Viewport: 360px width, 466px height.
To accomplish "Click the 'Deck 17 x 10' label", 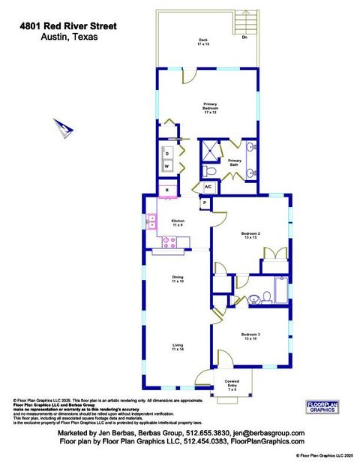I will pyautogui.click(x=202, y=41).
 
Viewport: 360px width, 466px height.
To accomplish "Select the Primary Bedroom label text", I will pyautogui.click(x=210, y=107).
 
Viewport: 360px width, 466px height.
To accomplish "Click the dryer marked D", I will pyautogui.click(x=168, y=153).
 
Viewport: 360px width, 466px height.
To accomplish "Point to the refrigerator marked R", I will pyautogui.click(x=167, y=191).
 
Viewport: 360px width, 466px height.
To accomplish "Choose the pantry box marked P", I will pyautogui.click(x=204, y=203).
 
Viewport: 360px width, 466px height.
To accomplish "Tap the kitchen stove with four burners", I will pyautogui.click(x=169, y=242).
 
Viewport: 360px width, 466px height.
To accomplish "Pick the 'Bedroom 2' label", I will pyautogui.click(x=250, y=235).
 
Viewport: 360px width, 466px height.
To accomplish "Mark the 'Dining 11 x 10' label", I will pyautogui.click(x=178, y=278).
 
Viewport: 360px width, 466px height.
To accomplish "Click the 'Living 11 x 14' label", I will pyautogui.click(x=178, y=347).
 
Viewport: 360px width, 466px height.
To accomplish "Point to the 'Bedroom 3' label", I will pyautogui.click(x=250, y=336).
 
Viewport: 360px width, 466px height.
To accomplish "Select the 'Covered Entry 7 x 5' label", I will pyautogui.click(x=232, y=385).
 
